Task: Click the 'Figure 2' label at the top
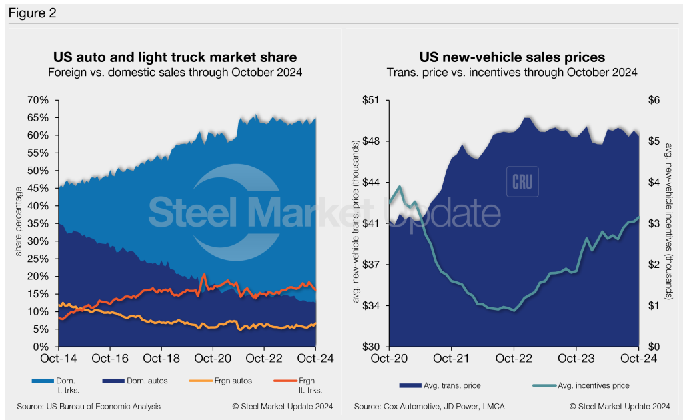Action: coord(32,13)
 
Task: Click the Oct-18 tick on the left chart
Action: coord(161,358)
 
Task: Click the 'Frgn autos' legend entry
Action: coord(213,380)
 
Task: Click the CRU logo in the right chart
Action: coord(522,181)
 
